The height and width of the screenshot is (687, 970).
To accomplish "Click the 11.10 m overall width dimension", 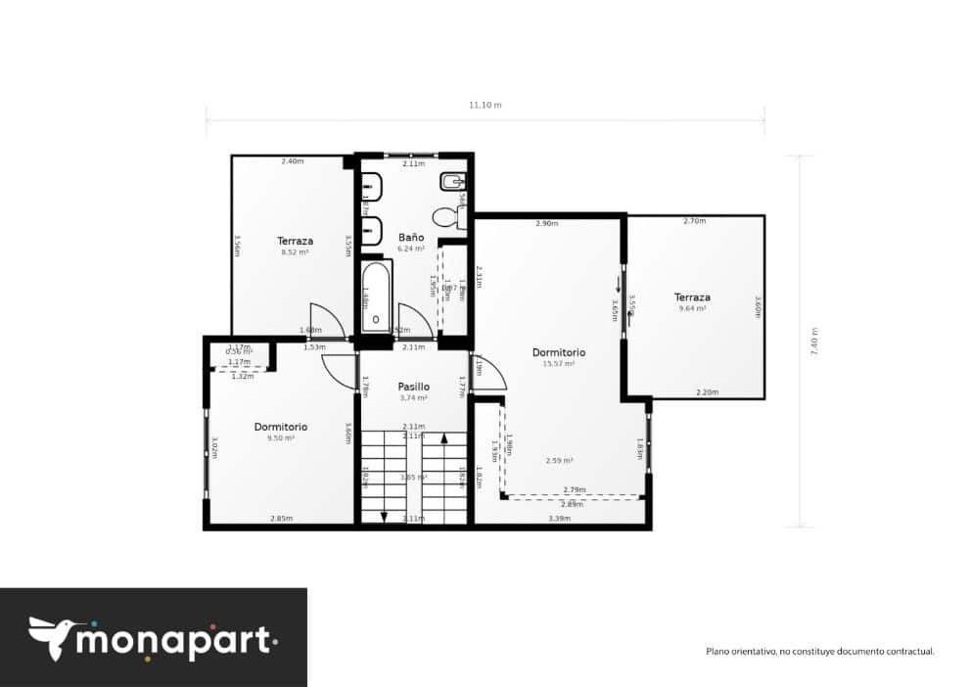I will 485,105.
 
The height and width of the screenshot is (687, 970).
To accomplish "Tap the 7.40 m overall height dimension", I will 813,342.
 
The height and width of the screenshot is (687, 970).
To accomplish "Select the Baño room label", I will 411,237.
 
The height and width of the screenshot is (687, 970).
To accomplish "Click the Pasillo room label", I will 414,387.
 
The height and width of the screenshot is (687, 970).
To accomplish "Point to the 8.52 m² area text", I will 294,252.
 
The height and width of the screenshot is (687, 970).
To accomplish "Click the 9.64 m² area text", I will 692,308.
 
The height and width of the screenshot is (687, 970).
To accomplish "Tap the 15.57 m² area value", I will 558,363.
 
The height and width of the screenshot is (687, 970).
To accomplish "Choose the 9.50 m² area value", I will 281,438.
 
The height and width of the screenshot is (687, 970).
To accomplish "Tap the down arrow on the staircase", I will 384,516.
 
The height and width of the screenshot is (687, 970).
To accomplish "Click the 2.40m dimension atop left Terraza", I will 292,161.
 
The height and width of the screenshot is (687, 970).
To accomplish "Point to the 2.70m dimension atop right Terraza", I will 694,221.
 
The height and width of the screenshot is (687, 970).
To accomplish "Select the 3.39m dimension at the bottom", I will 559,518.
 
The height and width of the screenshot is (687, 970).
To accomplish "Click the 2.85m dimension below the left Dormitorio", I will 281,519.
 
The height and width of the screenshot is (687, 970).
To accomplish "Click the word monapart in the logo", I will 176,641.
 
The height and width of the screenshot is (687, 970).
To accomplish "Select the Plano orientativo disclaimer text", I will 820,650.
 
